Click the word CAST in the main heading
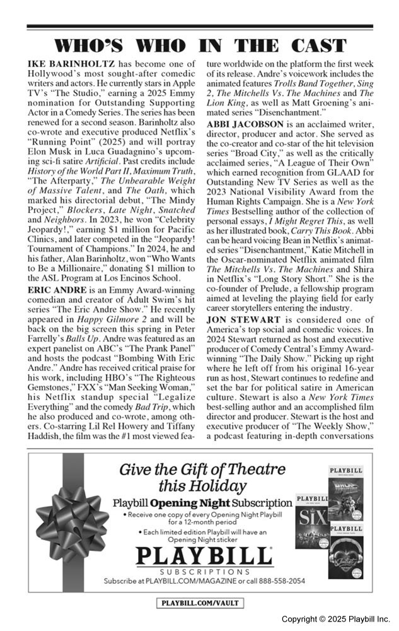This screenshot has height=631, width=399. (x=315, y=46)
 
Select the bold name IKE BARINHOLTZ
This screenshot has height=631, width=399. (x=69, y=64)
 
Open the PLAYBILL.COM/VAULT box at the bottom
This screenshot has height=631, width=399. (x=199, y=603)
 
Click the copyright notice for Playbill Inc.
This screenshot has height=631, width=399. (x=335, y=618)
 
